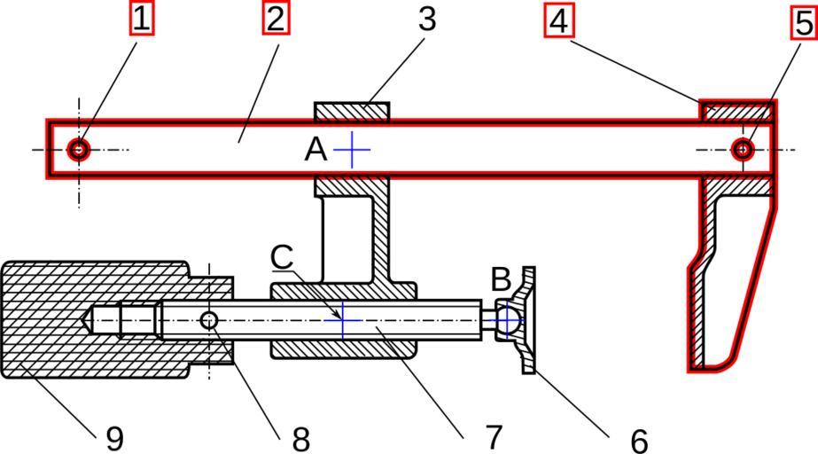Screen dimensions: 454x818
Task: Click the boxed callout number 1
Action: point(142,19)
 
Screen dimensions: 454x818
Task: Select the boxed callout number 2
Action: point(275,19)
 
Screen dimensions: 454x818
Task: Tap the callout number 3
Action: point(427,19)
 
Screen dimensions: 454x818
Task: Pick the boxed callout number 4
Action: point(558,20)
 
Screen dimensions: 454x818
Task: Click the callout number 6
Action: point(637,438)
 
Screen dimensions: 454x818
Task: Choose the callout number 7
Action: point(493,435)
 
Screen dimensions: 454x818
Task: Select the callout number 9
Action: point(114,438)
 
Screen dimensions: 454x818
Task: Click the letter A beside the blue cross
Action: point(316,150)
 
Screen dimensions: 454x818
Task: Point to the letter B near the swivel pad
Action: point(501,280)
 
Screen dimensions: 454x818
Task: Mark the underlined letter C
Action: point(282,256)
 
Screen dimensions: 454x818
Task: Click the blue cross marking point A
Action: point(352,150)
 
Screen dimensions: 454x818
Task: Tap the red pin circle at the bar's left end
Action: point(80,149)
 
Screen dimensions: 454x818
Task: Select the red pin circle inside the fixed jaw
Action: point(743,150)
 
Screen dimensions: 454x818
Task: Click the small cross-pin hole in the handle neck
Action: point(209,320)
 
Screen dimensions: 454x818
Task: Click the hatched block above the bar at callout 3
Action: point(352,112)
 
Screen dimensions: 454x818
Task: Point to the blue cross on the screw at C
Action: point(342,320)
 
